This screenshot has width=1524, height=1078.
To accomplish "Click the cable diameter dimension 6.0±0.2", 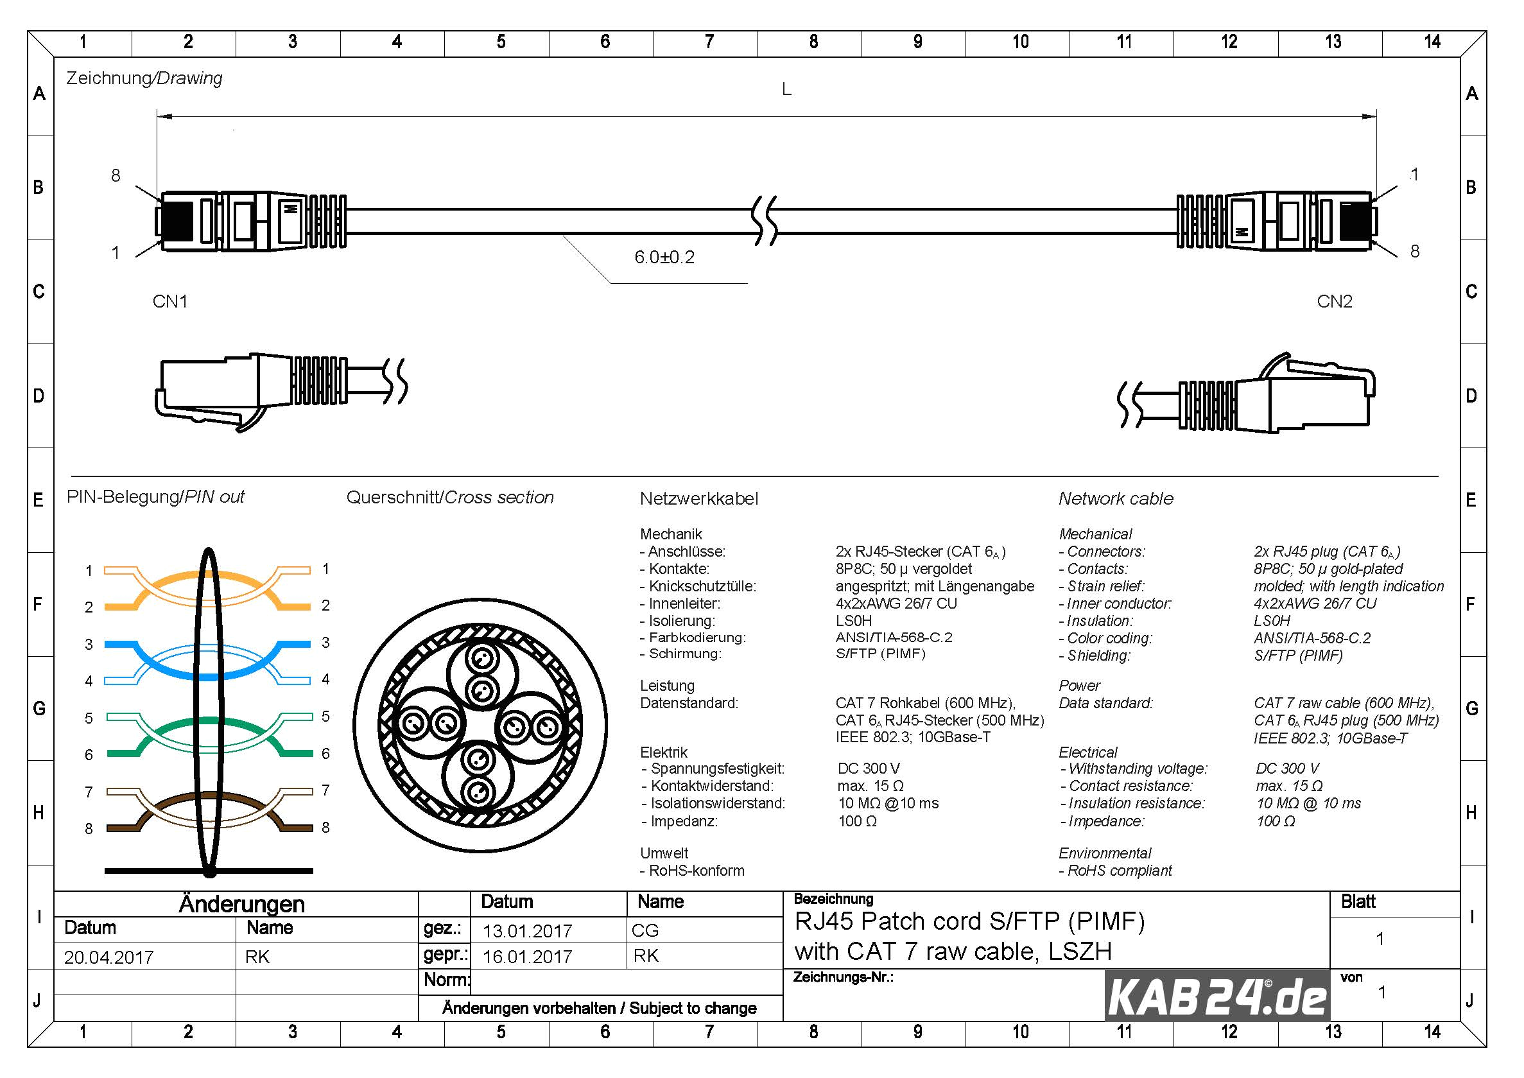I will coord(664,257).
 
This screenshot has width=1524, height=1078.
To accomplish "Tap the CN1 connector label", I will coord(170,301).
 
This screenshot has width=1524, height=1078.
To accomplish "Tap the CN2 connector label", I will coord(1334,301).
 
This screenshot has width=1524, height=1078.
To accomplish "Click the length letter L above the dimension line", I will coord(786,89).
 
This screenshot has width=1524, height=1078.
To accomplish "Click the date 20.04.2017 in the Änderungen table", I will coord(109,957).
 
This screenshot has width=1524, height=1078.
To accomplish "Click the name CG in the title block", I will coord(645,930).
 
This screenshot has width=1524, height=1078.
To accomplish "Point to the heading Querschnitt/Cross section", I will coord(450,497).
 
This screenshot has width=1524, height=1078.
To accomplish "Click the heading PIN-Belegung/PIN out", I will coord(155,496).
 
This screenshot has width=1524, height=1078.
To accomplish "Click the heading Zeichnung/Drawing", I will coord(144,78).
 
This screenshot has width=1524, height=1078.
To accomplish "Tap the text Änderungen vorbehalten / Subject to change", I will coord(600,1008).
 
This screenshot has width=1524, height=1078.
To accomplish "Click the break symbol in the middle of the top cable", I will coord(764,220).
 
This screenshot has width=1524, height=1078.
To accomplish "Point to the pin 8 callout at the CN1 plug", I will coord(116,175).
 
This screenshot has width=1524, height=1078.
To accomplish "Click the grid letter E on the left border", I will coord(39,500).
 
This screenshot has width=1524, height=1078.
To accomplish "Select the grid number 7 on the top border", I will coord(709,42).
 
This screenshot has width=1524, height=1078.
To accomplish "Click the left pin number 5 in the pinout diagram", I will coord(89,718).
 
